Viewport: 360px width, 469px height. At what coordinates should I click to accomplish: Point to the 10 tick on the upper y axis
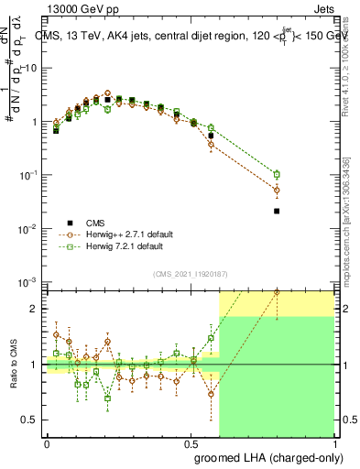(33, 68)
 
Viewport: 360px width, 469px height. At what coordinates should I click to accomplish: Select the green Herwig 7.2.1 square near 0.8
(277, 174)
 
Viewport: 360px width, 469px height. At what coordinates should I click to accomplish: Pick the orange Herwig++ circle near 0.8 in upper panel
(277, 190)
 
